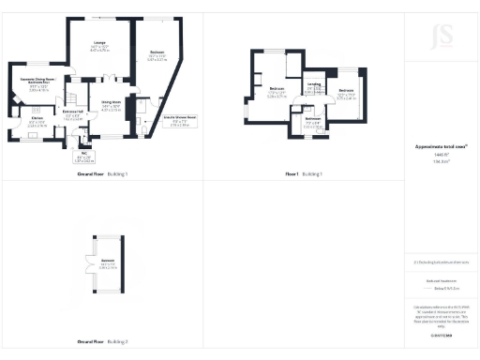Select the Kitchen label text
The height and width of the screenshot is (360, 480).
point(37,122)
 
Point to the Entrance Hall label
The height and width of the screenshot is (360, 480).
point(72,116)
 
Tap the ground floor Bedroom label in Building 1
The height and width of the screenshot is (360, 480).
point(157,56)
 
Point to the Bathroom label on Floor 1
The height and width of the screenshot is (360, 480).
point(312,122)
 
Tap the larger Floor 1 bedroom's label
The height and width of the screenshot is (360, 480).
point(277,93)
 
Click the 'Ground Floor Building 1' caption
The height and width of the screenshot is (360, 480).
point(102,174)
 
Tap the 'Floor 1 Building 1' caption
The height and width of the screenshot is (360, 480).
point(304,174)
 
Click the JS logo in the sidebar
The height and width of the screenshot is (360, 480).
point(441,37)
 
